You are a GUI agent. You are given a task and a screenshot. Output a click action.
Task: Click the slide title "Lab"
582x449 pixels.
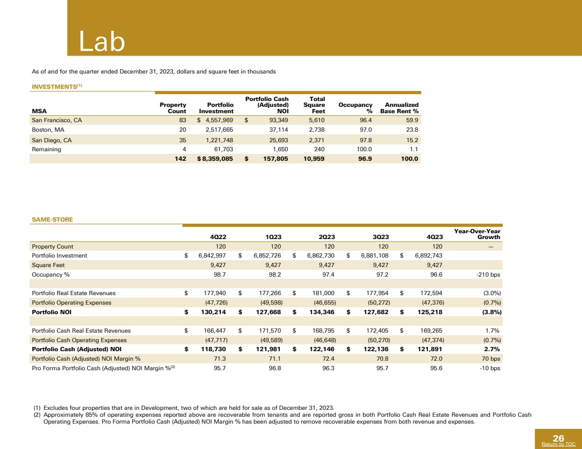[x=102, y=41]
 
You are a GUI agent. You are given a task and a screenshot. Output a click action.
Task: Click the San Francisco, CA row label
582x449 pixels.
[x=57, y=120]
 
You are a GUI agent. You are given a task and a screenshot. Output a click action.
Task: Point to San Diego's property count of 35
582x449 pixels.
[x=181, y=140]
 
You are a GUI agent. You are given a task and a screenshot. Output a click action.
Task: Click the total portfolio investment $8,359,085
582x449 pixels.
[x=215, y=158]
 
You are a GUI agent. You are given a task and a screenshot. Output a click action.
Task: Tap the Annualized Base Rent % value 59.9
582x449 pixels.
[x=410, y=120]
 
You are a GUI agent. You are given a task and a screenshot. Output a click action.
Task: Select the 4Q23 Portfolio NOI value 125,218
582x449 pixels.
[x=430, y=312]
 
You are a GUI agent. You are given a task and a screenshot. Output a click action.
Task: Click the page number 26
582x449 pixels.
[x=558, y=438]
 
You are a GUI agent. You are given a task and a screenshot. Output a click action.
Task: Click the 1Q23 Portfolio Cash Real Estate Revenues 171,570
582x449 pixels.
[x=267, y=331]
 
